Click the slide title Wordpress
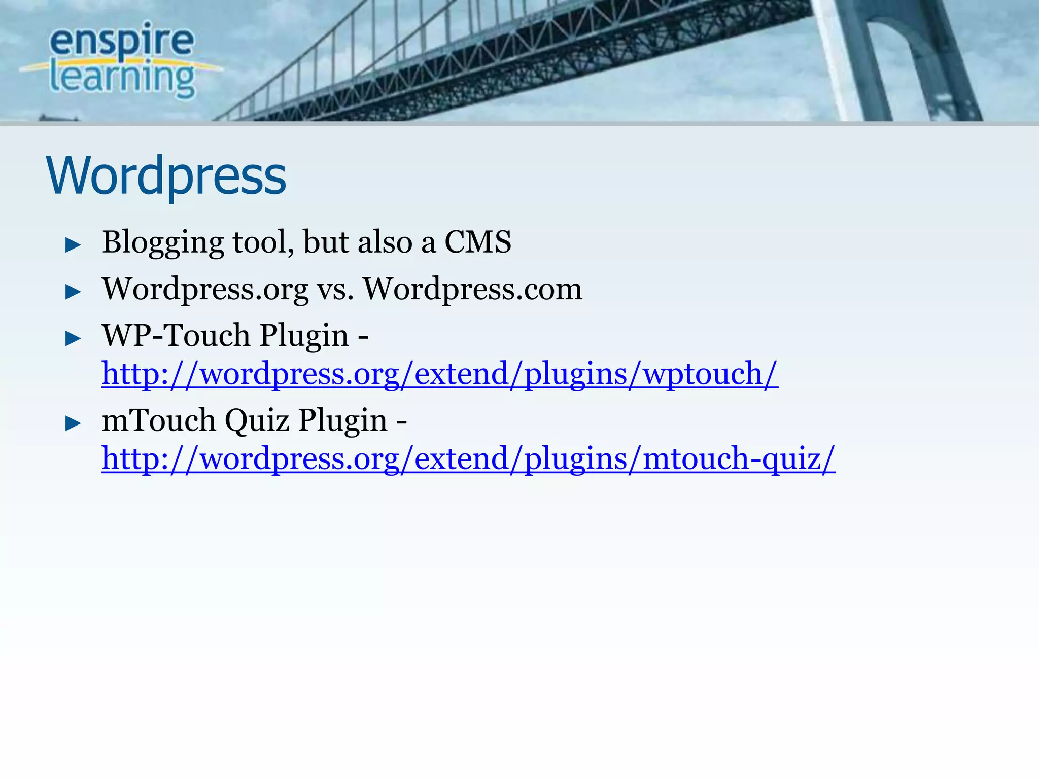pyautogui.click(x=166, y=175)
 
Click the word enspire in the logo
pyautogui.click(x=122, y=40)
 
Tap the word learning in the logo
pyautogui.click(x=122, y=78)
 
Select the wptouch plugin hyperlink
pyautogui.click(x=439, y=374)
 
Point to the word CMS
pyautogui.click(x=477, y=242)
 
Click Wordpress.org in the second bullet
pyautogui.click(x=205, y=289)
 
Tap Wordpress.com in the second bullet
pyautogui.click(x=473, y=289)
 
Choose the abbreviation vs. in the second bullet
pyautogui.click(x=335, y=290)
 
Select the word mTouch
pyautogui.click(x=159, y=420)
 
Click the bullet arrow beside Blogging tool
pyautogui.click(x=74, y=245)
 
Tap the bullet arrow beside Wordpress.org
pyautogui.click(x=74, y=292)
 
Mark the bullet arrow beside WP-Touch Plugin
pyautogui.click(x=74, y=338)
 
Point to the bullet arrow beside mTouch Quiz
pyautogui.click(x=74, y=423)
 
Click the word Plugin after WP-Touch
pyautogui.click(x=304, y=336)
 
